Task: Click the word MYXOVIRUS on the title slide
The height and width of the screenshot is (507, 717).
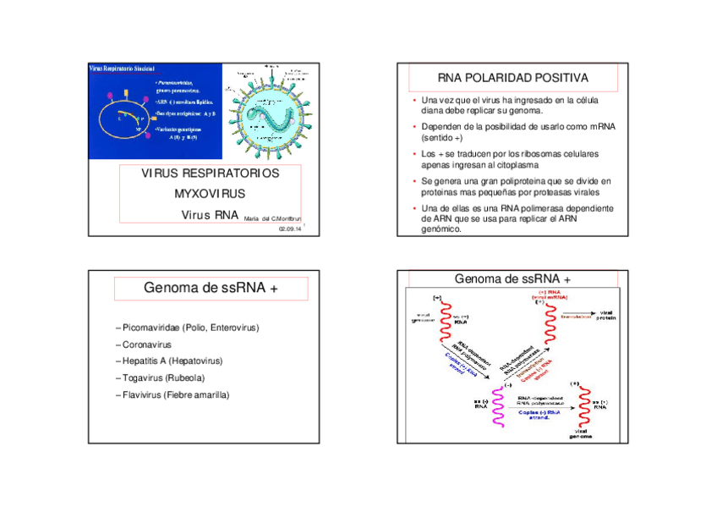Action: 210,194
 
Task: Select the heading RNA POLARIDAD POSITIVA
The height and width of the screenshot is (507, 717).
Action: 513,79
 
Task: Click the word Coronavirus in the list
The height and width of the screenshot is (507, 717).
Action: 146,344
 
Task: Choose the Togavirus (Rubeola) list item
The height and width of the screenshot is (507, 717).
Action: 163,378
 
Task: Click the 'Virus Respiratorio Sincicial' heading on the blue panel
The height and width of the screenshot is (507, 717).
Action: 123,67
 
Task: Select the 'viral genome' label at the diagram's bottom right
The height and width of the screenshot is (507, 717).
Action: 580,433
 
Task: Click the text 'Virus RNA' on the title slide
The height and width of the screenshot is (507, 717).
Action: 210,215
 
